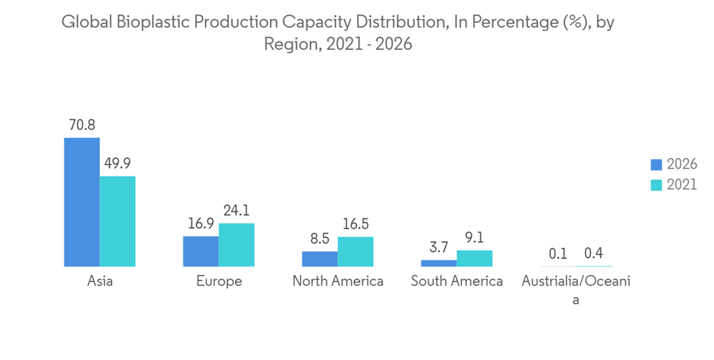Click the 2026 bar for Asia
point(82,202)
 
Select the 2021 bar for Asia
point(118,221)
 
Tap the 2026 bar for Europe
point(201,251)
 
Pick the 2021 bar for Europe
point(236,245)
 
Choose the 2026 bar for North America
point(320,259)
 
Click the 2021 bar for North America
point(356,251)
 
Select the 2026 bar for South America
point(438,263)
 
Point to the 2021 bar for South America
point(474,258)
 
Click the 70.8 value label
point(82,125)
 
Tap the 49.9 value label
point(118,164)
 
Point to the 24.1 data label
point(236,211)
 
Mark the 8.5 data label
point(320,239)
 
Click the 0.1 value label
point(558,254)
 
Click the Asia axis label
point(100,281)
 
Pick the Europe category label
point(219,281)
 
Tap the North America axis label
point(338,281)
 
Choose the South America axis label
point(457,281)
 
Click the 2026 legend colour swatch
point(656,164)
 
